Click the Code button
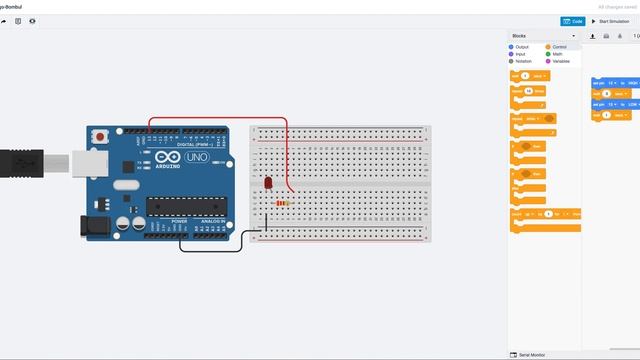pos(572,20)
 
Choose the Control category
pos(559,46)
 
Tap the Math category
pos(556,54)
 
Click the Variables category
pos(561,61)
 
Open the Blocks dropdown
pos(545,36)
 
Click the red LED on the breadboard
pos(268,183)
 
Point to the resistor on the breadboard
pos(285,203)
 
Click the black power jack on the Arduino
pos(96,226)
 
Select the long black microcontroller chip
pos(179,207)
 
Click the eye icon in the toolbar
pos(33,20)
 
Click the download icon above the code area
pos(593,36)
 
